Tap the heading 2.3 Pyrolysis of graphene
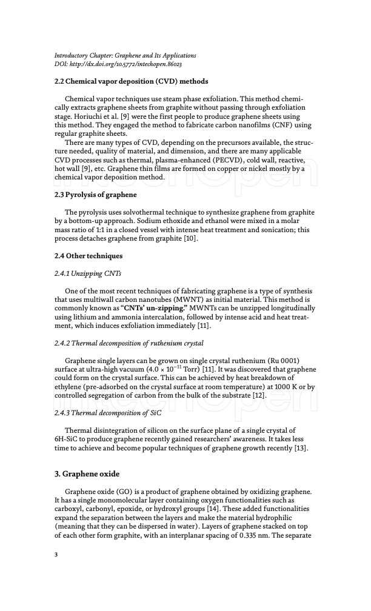[95, 195]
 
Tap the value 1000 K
[289, 379]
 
